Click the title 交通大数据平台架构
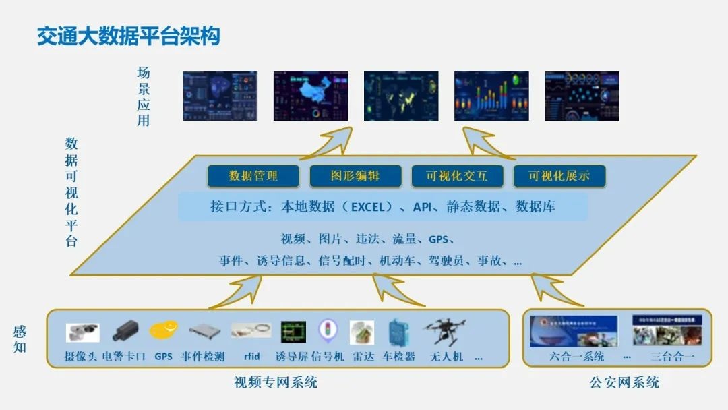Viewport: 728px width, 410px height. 128,36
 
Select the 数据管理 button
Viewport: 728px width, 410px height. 253,176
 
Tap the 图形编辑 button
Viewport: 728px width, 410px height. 355,176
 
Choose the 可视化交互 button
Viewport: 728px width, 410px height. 457,176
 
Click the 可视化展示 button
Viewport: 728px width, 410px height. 559,176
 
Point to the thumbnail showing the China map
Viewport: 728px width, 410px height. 311,96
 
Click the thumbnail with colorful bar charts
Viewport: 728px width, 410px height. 491,96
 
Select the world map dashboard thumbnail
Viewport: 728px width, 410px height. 401,96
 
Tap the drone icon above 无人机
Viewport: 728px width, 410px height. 445,332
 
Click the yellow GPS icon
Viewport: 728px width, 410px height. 164,330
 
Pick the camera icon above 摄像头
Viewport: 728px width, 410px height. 82,332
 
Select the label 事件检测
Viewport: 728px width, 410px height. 203,357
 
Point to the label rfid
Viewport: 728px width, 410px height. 251,357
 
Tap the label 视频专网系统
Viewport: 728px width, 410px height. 275,383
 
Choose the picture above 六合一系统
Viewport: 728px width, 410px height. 573,330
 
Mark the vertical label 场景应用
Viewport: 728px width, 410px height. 144,96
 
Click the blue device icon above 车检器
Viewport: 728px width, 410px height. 399,332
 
